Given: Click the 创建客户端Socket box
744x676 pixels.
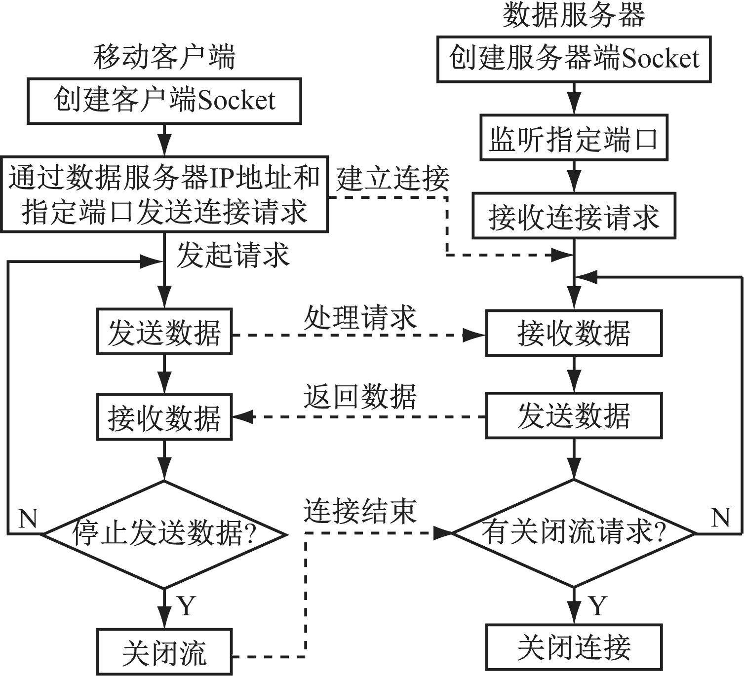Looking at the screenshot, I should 164,101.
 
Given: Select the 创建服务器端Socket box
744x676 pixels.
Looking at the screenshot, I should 574,59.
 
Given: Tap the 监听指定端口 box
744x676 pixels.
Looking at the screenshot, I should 574,138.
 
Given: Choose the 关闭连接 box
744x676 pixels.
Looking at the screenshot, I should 574,647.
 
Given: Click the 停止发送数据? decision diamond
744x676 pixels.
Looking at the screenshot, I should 164,534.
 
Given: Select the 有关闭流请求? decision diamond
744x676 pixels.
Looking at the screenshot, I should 574,533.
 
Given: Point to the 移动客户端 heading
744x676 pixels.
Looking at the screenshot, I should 164,57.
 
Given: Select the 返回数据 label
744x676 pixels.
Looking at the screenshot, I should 360,396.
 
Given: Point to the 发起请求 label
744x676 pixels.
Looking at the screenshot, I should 233,255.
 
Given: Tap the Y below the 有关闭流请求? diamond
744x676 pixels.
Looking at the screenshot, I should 598,605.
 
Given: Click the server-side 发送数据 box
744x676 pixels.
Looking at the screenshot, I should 574,415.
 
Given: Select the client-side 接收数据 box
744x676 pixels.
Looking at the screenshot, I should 164,417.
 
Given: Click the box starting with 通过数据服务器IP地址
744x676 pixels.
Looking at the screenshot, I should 164,194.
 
